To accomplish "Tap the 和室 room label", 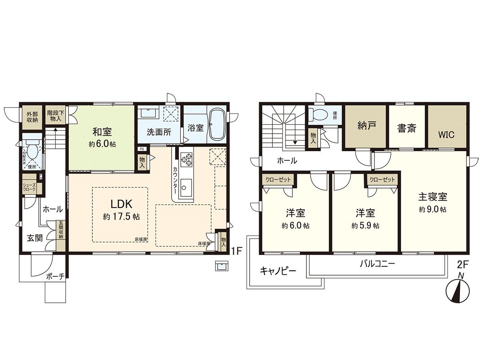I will [102, 131].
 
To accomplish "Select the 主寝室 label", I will [432, 197].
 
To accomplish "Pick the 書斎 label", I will [406, 129].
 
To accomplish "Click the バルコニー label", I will [377, 264].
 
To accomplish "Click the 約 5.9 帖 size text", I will [365, 226].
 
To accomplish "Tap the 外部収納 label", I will [32, 116].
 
